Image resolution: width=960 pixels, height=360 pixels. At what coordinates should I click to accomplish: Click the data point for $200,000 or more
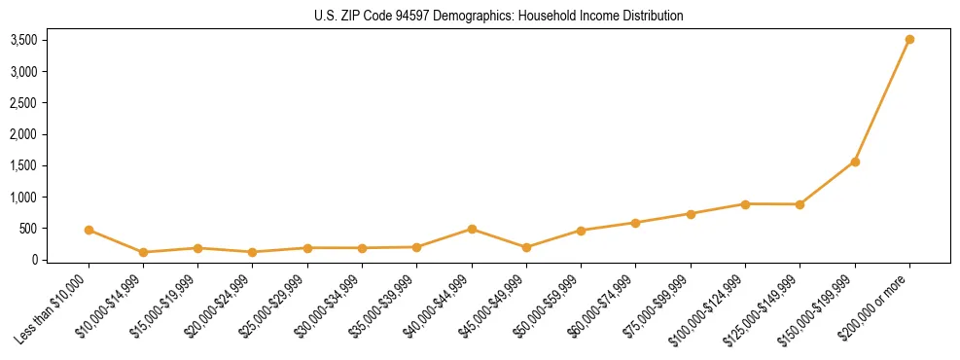click(909, 40)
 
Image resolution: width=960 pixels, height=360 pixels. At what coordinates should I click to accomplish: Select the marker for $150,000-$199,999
click(855, 162)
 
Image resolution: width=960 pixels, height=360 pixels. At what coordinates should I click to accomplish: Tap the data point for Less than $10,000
click(89, 231)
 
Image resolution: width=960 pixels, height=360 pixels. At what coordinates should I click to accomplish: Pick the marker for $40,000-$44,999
click(472, 230)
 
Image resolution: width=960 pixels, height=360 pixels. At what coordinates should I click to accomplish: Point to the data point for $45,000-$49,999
click(526, 247)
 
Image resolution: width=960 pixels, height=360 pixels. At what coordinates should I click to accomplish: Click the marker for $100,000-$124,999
click(745, 204)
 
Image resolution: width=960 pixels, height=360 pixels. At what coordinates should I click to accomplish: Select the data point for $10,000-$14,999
click(143, 252)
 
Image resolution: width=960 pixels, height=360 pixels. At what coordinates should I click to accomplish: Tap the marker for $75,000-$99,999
click(691, 214)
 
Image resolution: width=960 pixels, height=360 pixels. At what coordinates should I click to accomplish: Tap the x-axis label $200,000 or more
click(880, 302)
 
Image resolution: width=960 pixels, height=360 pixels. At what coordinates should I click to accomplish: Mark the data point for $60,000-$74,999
click(636, 223)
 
